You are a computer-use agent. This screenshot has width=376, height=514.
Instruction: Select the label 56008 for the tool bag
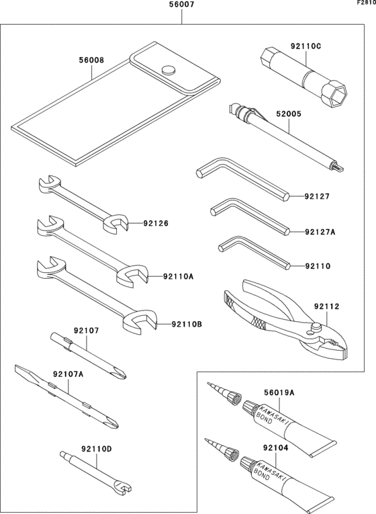(91, 60)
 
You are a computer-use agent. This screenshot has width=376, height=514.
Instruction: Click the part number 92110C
(305, 46)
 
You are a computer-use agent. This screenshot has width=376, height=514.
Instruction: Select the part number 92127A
(320, 232)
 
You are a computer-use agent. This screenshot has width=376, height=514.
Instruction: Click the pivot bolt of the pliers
(314, 329)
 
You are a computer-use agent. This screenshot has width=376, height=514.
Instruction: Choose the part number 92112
(326, 306)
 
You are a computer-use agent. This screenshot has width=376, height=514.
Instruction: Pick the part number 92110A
(178, 276)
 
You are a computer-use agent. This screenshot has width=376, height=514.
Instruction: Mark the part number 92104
(276, 445)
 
